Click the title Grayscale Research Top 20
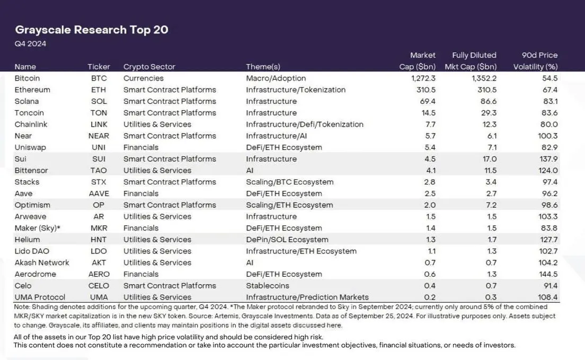[92, 30]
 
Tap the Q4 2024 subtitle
[30, 44]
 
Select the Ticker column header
[99, 67]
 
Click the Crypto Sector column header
[149, 67]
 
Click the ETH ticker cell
[99, 90]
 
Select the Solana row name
[26, 101]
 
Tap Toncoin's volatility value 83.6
[547, 113]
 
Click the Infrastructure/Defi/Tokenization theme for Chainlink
[305, 125]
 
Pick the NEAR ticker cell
[99, 136]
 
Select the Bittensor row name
[31, 171]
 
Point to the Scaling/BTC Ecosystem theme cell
[289, 182]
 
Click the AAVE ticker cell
[99, 194]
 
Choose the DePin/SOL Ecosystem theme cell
[287, 240]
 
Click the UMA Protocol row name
[40, 297]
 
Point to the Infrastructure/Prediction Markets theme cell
[307, 297]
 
